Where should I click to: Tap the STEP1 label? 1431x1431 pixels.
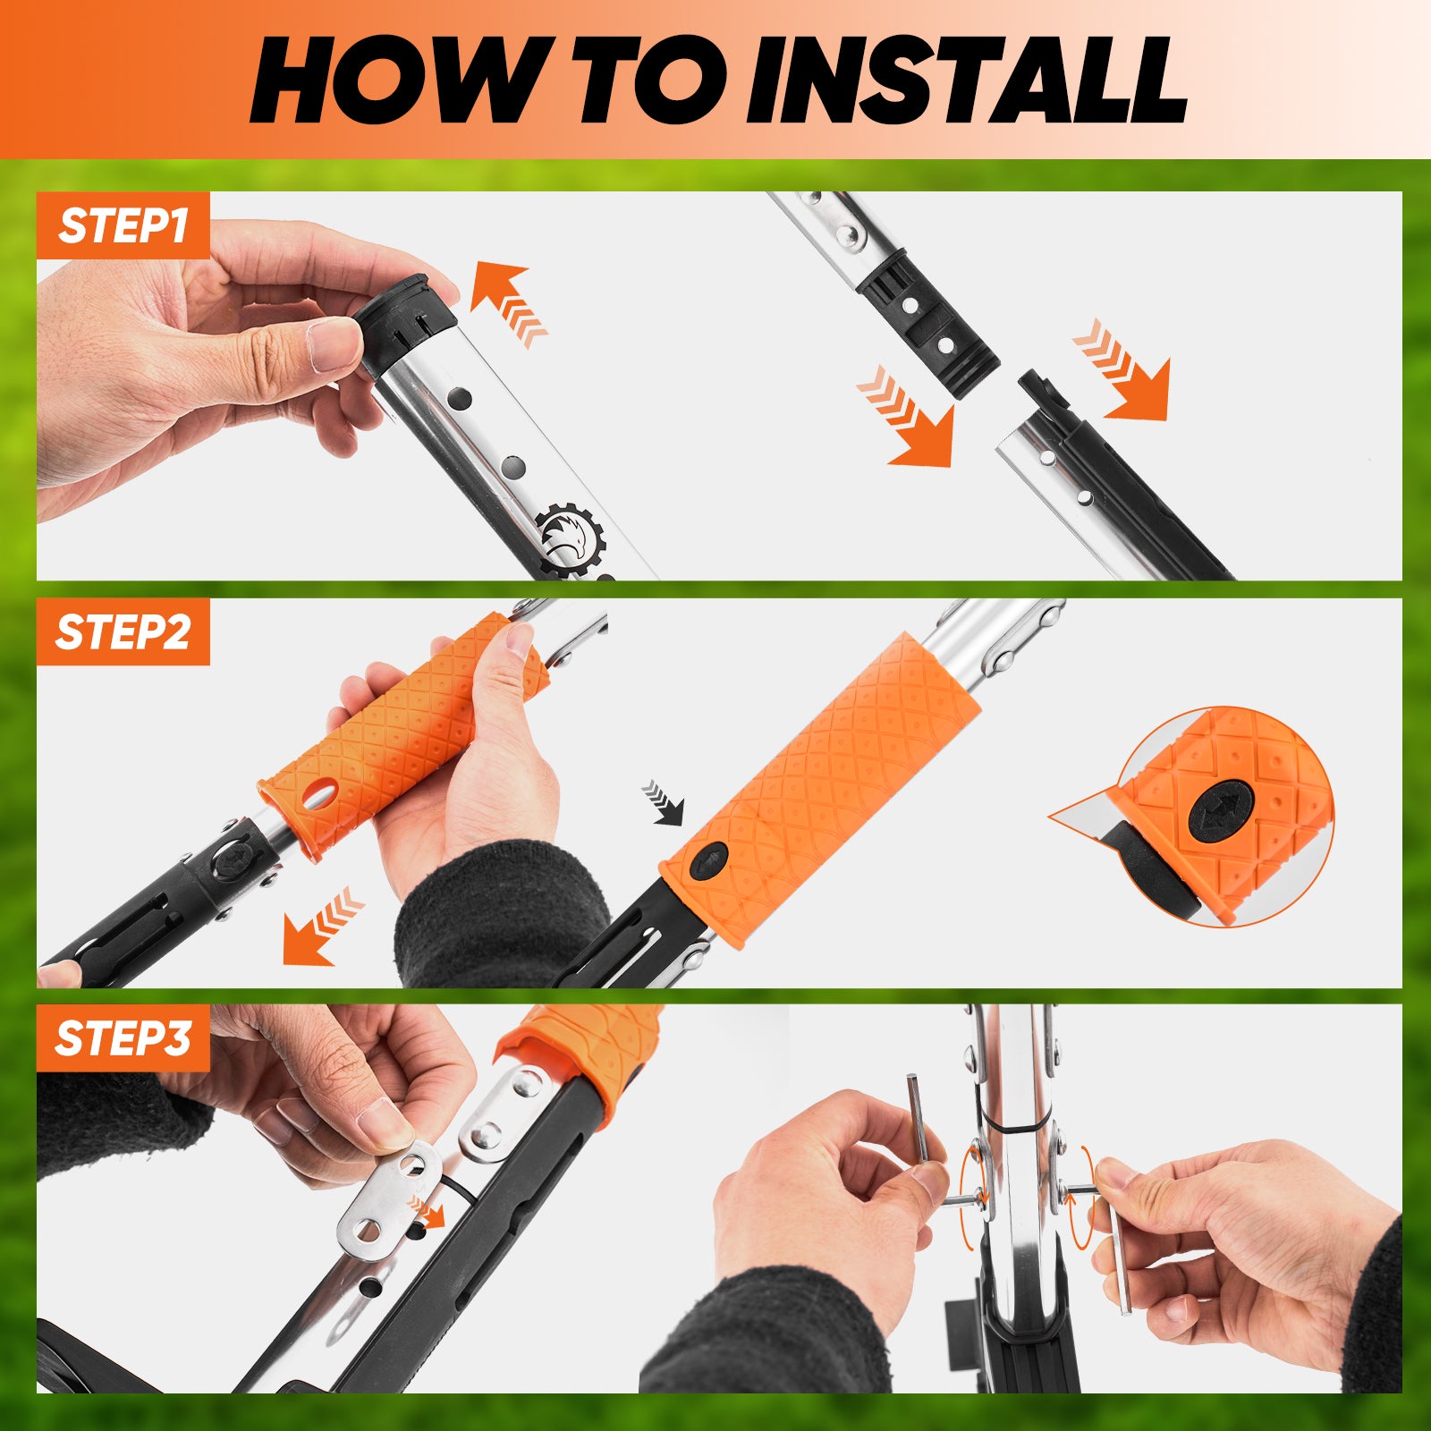(x=123, y=225)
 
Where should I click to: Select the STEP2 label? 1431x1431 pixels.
(x=123, y=631)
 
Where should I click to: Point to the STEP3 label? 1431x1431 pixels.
(x=123, y=1038)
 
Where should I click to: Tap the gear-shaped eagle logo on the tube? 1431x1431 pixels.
(x=572, y=537)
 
